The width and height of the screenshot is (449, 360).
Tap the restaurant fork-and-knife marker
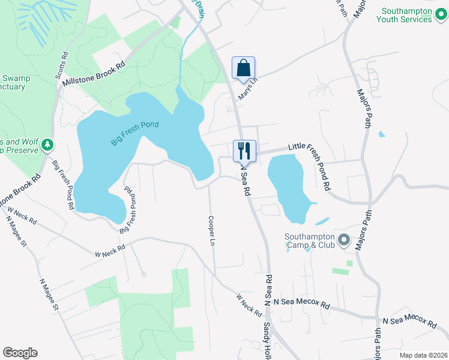click(x=244, y=149)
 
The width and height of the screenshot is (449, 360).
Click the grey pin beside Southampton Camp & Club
click(x=343, y=241)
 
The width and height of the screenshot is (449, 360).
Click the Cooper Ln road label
click(x=211, y=231)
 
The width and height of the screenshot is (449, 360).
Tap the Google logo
click(x=20, y=353)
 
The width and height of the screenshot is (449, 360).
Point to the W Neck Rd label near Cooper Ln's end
click(x=249, y=305)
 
